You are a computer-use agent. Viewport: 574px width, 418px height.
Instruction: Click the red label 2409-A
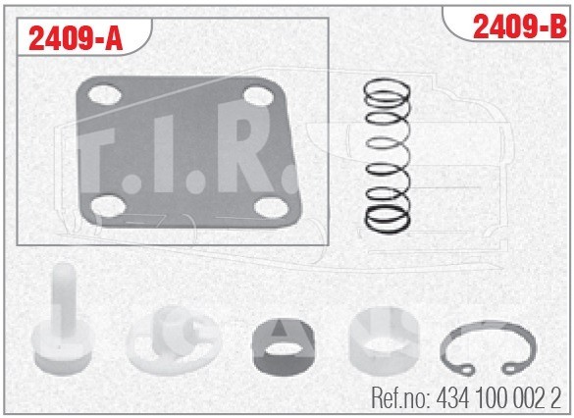tap(76, 39)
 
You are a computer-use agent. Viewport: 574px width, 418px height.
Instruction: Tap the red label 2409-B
tap(519, 27)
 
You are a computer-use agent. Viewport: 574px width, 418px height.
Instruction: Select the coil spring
tap(388, 156)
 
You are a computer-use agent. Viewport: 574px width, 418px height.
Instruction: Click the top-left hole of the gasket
tap(105, 94)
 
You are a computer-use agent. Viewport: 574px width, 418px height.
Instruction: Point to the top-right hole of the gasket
tap(258, 95)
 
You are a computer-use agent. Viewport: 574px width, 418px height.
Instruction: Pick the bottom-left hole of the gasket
tap(108, 206)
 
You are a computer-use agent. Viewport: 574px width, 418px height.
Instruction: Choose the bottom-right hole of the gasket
tap(271, 207)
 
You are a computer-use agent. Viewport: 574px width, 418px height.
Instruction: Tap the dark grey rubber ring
tap(283, 347)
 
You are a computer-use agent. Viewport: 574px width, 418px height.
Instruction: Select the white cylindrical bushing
tap(384, 341)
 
